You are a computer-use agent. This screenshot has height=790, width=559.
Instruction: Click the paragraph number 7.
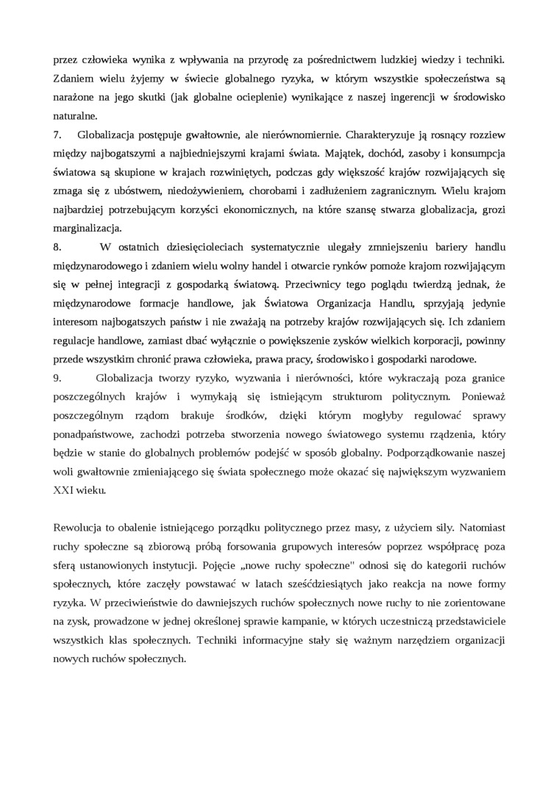coord(57,136)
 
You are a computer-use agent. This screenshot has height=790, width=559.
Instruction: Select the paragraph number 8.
coord(57,245)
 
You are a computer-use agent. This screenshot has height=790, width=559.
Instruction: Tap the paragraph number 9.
coord(57,378)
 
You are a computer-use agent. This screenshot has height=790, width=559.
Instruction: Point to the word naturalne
coord(74,115)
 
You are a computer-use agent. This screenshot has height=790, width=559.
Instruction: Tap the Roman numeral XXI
coord(66,492)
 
